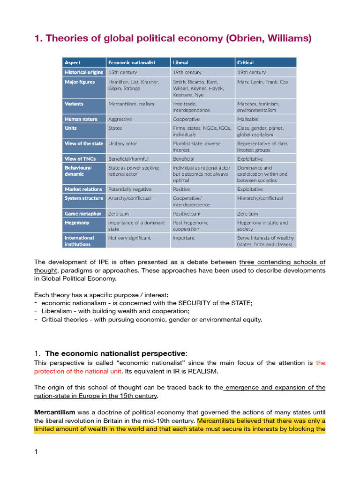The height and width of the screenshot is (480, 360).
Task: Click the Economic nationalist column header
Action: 132,62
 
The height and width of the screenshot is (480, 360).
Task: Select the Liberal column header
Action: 180,62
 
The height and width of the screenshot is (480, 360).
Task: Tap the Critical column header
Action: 245,62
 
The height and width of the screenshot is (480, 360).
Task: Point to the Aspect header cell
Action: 73,62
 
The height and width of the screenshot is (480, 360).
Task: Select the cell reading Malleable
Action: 248,119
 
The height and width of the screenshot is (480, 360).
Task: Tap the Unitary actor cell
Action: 123,143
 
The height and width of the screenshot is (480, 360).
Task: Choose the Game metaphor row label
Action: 83,213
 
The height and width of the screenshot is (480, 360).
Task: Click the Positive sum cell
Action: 187,213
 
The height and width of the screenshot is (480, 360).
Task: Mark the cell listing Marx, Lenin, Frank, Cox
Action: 263,82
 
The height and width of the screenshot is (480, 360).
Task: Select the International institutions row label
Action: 79,241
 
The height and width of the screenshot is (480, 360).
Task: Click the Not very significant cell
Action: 129,238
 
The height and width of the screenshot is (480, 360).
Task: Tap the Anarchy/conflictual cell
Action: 129,198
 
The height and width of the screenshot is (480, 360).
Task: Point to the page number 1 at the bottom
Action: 37,452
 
